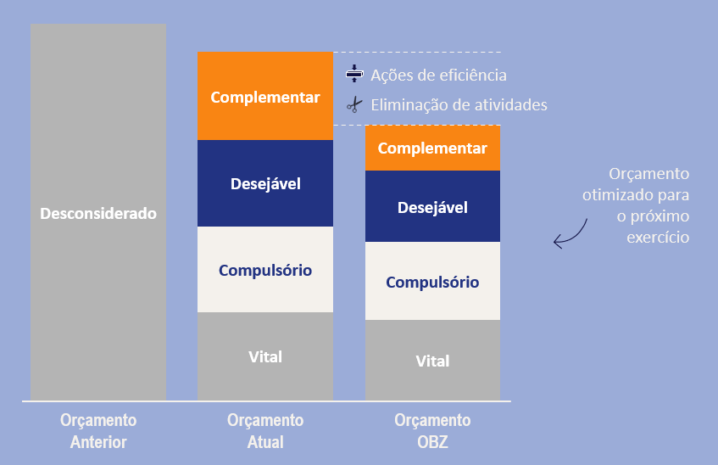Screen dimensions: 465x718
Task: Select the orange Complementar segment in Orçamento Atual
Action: [265, 96]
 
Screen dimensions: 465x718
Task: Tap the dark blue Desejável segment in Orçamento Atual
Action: [265, 182]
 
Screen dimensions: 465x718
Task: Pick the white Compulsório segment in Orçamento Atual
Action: [265, 270]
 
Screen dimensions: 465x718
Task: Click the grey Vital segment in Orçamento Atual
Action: [265, 356]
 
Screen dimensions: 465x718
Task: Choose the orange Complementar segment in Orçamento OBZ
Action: [432, 148]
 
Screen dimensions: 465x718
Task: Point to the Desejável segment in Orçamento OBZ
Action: [432, 207]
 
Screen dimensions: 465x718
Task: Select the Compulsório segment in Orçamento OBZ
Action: [432, 282]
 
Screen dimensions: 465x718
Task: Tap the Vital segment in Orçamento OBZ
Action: [432, 361]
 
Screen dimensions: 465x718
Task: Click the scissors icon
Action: [353, 105]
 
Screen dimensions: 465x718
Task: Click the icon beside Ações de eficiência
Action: [353, 75]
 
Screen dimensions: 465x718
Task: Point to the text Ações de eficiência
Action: [438, 75]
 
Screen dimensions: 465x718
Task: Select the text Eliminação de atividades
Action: [459, 105]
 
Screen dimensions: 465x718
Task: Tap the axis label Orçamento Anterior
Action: [98, 431]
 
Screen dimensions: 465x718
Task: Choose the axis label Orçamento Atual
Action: [265, 431]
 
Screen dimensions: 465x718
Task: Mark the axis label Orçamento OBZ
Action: [432, 431]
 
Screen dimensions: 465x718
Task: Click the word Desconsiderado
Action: [98, 213]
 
